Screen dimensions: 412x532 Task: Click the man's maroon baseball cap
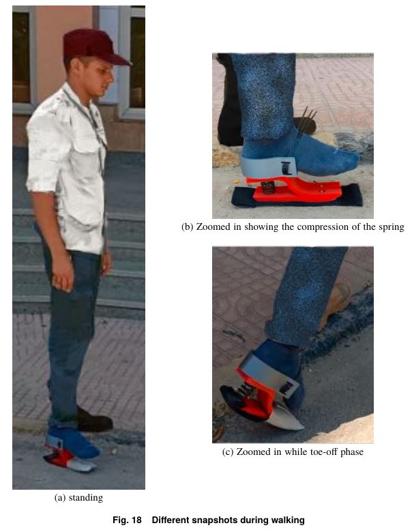pyautogui.click(x=91, y=46)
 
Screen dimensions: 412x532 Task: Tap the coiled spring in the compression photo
pyautogui.click(x=269, y=188)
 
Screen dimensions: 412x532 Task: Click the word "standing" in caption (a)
pyautogui.click(x=85, y=498)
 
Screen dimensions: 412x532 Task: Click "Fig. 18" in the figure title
pyautogui.click(x=127, y=520)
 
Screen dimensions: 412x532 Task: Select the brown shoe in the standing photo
pyautogui.click(x=94, y=420)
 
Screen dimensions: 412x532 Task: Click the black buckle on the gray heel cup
pyautogui.click(x=286, y=168)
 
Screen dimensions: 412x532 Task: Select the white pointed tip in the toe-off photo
pyautogui.click(x=289, y=419)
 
